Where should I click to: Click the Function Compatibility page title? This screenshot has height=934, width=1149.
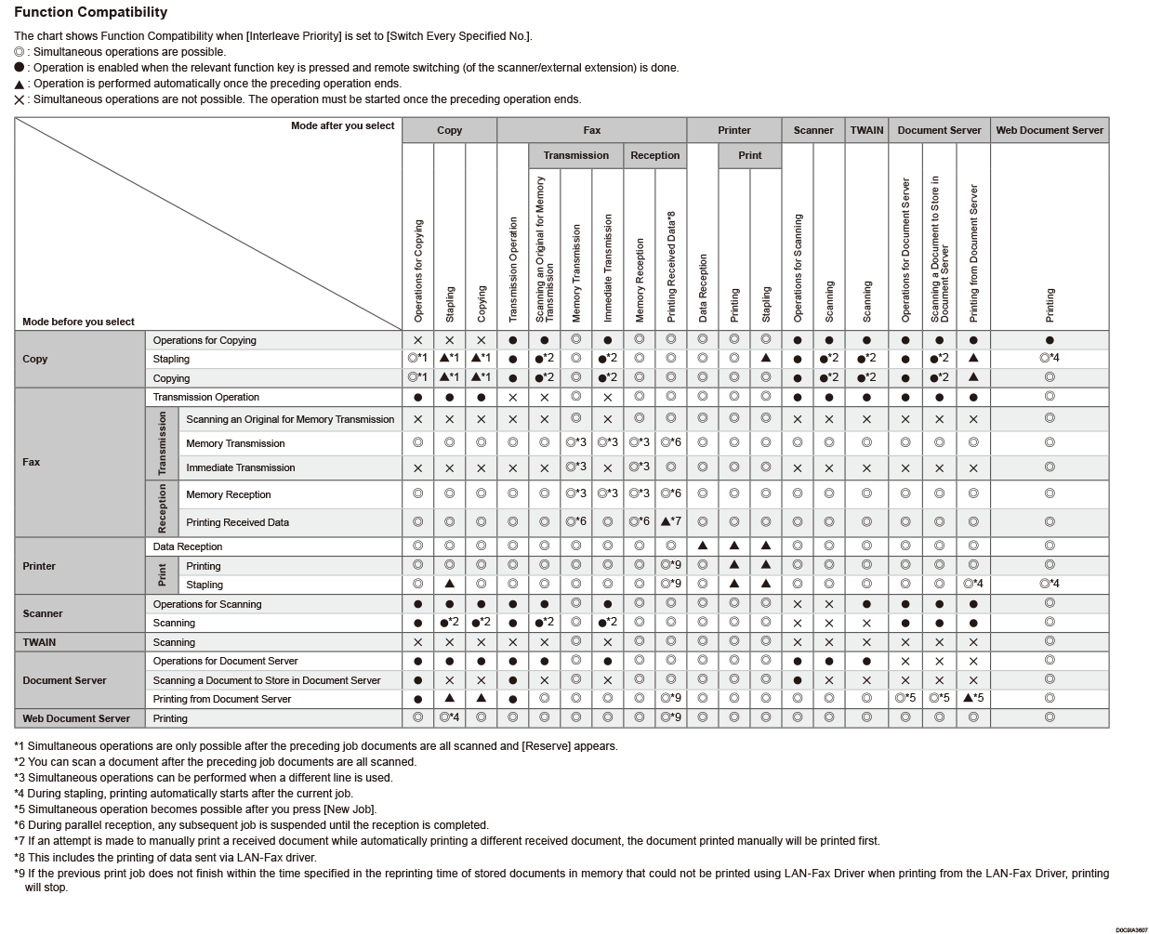coord(91,12)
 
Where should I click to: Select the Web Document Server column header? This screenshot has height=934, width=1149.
coord(1050,130)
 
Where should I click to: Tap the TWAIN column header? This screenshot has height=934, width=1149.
coord(866,130)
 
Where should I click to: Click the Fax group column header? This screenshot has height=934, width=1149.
coord(591,130)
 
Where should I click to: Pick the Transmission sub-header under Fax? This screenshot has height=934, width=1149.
coord(575,155)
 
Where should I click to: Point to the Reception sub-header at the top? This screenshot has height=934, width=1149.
coord(654,155)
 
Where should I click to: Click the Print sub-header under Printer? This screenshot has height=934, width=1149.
coord(749,155)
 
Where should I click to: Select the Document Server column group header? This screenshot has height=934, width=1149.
coord(939,130)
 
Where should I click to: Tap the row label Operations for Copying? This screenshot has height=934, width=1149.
coord(205,340)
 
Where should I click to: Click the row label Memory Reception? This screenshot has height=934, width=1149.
coord(229,494)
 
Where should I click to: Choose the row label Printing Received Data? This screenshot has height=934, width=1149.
coord(237,522)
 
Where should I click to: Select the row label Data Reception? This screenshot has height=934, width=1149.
coord(188,546)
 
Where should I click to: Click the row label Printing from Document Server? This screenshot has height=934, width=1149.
coord(222,699)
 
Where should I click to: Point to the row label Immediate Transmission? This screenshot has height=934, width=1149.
coord(240,467)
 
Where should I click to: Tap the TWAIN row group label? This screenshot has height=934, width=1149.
coord(39,642)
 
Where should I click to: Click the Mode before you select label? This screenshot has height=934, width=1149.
coord(78,322)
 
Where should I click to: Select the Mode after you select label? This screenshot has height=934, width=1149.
coord(342,125)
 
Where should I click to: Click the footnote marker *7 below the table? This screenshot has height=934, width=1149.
coord(20,841)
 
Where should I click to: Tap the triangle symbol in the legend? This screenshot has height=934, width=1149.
coord(20,85)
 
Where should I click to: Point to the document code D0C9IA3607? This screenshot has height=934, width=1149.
coord(1131,929)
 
